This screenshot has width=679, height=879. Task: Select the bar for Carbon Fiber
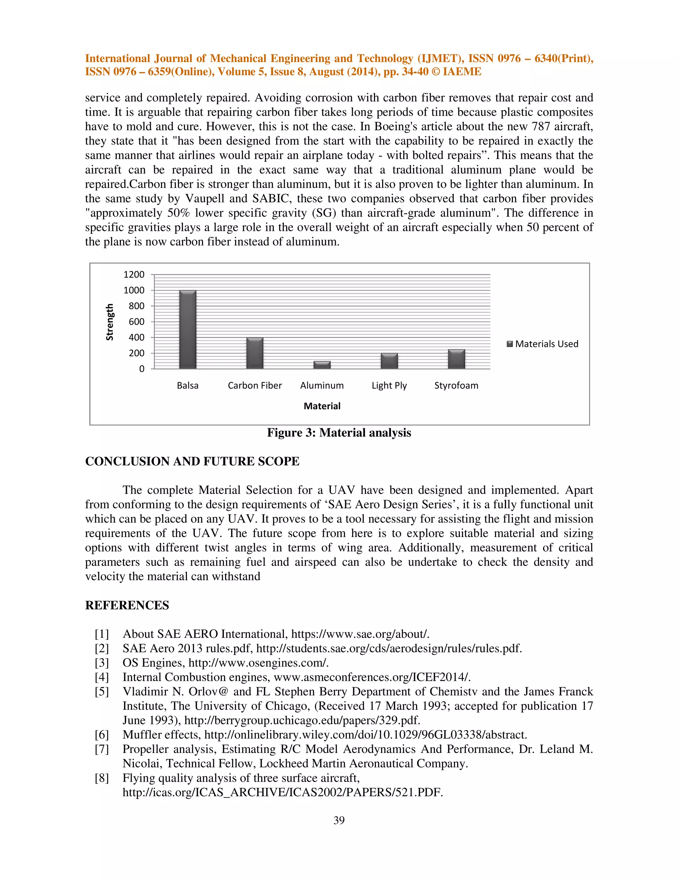pyautogui.click(x=255, y=353)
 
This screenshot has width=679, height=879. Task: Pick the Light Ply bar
pyautogui.click(x=389, y=361)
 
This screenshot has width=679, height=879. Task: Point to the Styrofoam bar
pyautogui.click(x=456, y=359)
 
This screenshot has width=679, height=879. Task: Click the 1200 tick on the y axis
pyautogui.click(x=134, y=275)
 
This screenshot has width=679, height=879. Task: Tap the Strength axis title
pyautogui.click(x=109, y=322)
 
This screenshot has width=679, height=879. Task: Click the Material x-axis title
pyautogui.click(x=322, y=406)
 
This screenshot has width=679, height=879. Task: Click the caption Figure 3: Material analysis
pyautogui.click(x=339, y=433)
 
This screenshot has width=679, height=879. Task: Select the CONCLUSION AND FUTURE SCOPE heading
pyautogui.click(x=192, y=461)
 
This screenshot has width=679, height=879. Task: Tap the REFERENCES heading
pyautogui.click(x=127, y=605)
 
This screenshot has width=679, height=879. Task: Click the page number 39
pyautogui.click(x=339, y=820)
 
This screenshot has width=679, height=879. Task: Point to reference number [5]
pyautogui.click(x=102, y=692)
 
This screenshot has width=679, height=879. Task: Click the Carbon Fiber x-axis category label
pyautogui.click(x=255, y=385)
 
